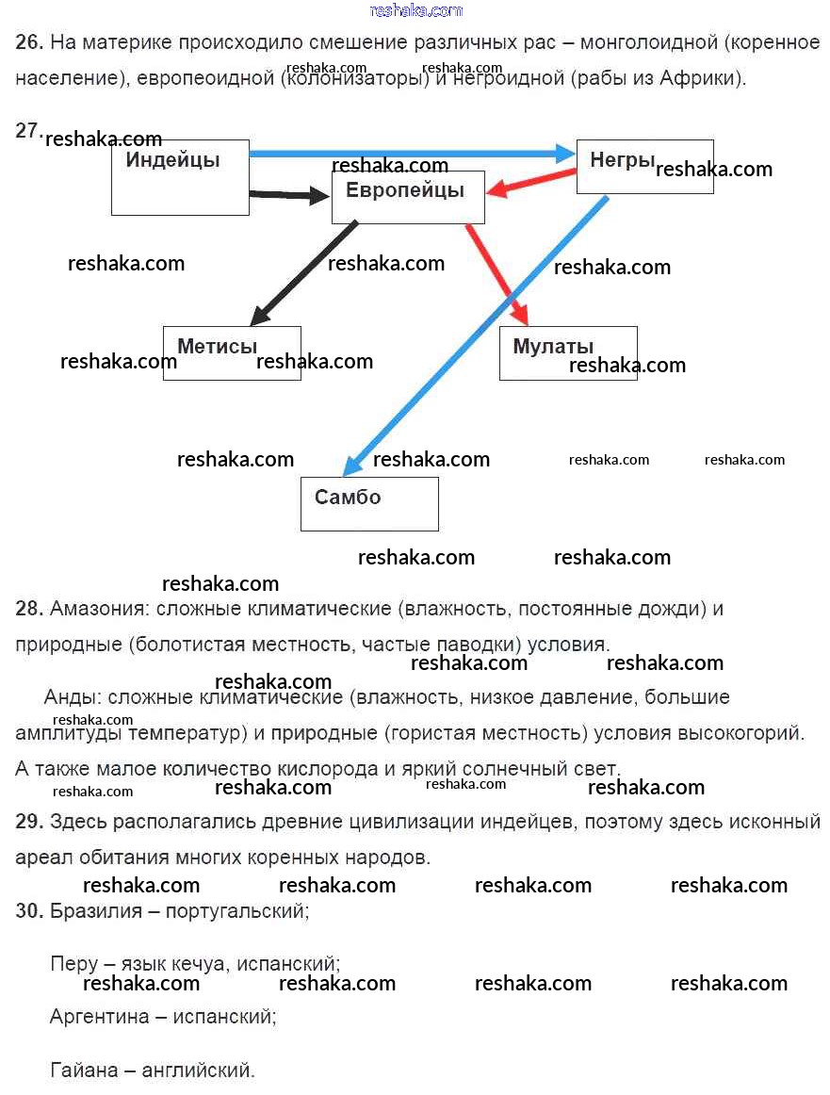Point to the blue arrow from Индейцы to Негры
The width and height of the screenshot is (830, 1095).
tap(405, 154)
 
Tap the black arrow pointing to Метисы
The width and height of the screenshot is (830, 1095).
tap(301, 272)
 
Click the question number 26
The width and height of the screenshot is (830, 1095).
tap(29, 42)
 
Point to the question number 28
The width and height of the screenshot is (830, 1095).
tap(29, 609)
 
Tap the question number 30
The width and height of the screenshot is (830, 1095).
tap(29, 911)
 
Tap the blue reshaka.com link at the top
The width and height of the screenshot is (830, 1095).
tap(416, 10)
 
